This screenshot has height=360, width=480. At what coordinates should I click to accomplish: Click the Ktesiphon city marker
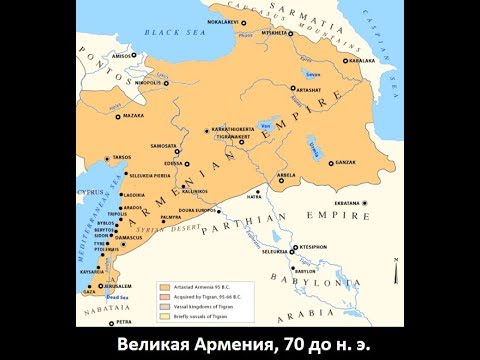(293, 245)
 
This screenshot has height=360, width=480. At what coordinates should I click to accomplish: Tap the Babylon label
(304, 270)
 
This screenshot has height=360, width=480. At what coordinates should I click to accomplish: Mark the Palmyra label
(171, 217)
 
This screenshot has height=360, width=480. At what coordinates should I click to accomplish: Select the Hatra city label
(253, 197)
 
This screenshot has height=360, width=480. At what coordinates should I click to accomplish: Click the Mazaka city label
(133, 117)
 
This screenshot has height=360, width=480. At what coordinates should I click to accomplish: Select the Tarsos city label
(121, 157)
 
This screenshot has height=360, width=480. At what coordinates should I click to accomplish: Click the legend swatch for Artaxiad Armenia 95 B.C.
(163, 286)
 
